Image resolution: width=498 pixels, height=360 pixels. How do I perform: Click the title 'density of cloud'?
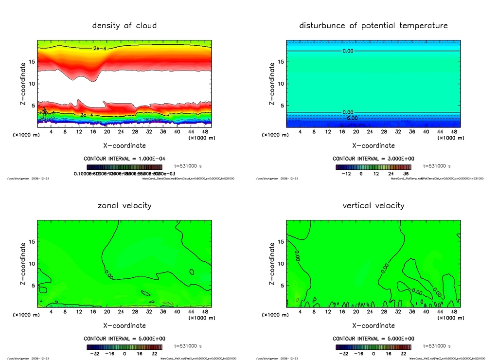124,25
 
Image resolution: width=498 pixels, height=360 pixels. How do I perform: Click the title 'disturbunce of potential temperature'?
373,25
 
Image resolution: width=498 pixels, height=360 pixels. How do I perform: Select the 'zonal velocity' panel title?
124,205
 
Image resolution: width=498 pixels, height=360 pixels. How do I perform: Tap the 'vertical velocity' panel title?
373,205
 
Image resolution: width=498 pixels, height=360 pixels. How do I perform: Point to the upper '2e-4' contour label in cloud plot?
100,49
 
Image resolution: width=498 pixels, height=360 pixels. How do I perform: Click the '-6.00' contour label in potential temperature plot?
351,118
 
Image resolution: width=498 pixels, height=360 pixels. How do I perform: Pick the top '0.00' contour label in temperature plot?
348,51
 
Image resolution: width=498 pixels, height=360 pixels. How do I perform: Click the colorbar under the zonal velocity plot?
124,347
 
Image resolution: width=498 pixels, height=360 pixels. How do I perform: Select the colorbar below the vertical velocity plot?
373,347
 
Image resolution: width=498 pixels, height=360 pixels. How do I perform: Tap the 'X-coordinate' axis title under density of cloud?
124,145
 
